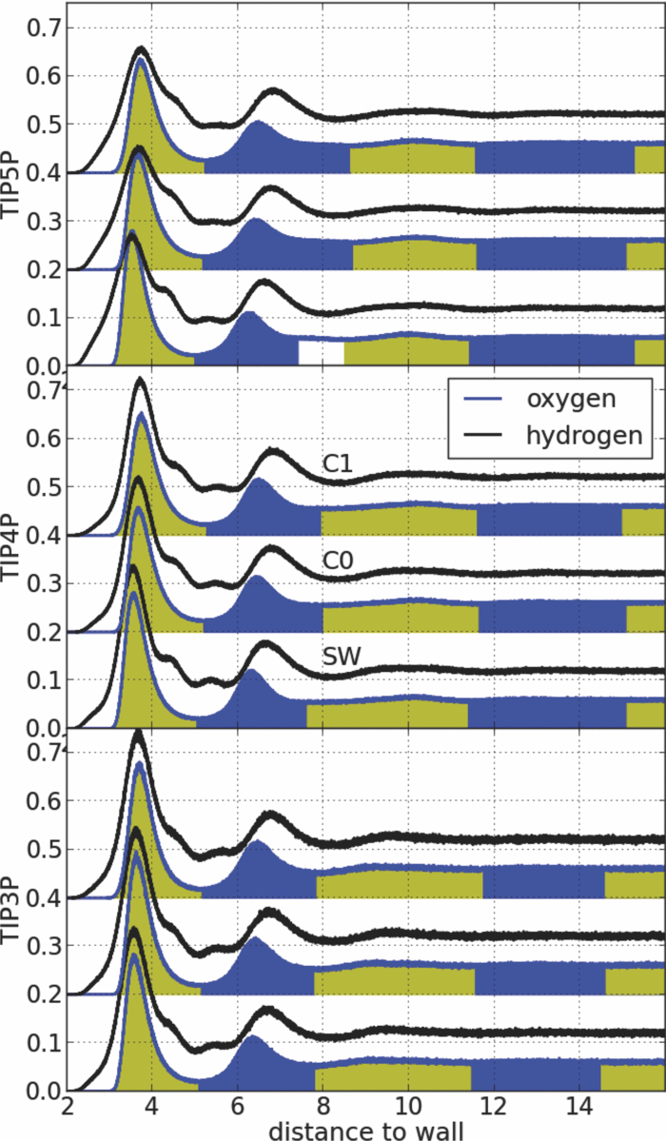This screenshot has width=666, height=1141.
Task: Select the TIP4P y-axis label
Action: pyautogui.click(x=11, y=544)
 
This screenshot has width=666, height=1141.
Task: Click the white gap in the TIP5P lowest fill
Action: pyautogui.click(x=321, y=352)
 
